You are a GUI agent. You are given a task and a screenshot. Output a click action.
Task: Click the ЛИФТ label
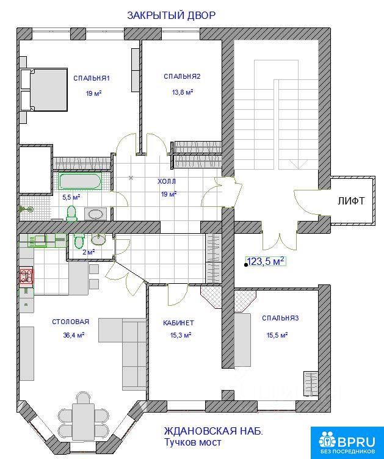(351, 201)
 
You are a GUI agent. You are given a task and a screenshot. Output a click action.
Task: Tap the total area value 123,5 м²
(266, 261)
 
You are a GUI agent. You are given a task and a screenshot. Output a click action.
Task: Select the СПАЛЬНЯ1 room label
(92, 78)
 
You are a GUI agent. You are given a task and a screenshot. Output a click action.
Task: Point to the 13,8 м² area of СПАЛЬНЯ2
(183, 92)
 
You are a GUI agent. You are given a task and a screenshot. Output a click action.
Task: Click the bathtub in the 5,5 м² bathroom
(81, 181)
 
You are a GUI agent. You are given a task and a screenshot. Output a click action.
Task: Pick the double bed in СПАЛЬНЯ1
(44, 90)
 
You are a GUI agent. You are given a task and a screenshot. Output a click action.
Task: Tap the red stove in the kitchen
(26, 276)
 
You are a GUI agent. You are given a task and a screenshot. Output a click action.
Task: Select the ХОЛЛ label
(167, 181)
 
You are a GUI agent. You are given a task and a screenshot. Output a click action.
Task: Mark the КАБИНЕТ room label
(178, 323)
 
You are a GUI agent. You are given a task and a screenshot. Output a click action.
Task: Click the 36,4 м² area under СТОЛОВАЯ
(73, 335)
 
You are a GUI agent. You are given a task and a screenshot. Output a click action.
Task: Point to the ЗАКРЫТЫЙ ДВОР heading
(171, 15)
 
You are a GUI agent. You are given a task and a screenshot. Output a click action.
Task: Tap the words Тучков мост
(192, 442)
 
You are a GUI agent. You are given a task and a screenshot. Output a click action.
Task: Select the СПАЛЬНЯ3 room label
(280, 318)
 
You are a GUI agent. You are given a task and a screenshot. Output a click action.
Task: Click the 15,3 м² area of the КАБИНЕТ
(181, 335)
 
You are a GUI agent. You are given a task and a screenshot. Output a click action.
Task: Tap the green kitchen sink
(37, 240)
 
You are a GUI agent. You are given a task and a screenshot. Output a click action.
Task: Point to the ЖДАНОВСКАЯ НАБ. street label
(213, 431)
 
